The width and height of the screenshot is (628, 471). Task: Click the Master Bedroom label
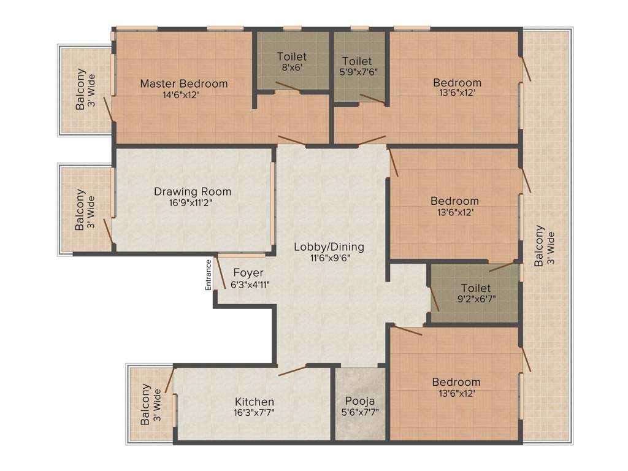click(184, 83)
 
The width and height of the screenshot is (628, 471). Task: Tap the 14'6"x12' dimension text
click(180, 95)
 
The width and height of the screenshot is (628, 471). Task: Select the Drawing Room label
click(193, 191)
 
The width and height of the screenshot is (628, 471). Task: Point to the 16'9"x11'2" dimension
click(191, 202)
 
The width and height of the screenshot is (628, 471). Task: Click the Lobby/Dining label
click(329, 247)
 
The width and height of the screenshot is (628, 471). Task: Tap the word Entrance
click(208, 275)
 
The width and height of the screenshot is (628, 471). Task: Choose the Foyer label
click(248, 273)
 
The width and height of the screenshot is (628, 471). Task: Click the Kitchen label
click(255, 402)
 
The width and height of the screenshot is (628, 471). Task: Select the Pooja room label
click(360, 401)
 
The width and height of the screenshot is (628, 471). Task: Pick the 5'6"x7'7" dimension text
click(360, 412)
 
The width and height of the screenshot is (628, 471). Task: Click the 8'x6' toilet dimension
click(292, 67)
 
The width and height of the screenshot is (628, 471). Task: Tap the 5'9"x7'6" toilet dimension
click(359, 72)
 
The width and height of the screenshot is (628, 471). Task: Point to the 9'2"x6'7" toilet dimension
click(477, 299)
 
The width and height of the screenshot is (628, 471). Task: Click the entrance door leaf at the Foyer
click(220, 272)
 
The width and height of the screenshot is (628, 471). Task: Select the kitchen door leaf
click(293, 370)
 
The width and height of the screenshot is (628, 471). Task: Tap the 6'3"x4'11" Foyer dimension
click(250, 285)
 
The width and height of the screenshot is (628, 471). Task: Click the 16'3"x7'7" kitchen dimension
click(254, 413)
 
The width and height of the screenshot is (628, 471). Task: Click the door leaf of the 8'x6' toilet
click(287, 87)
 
